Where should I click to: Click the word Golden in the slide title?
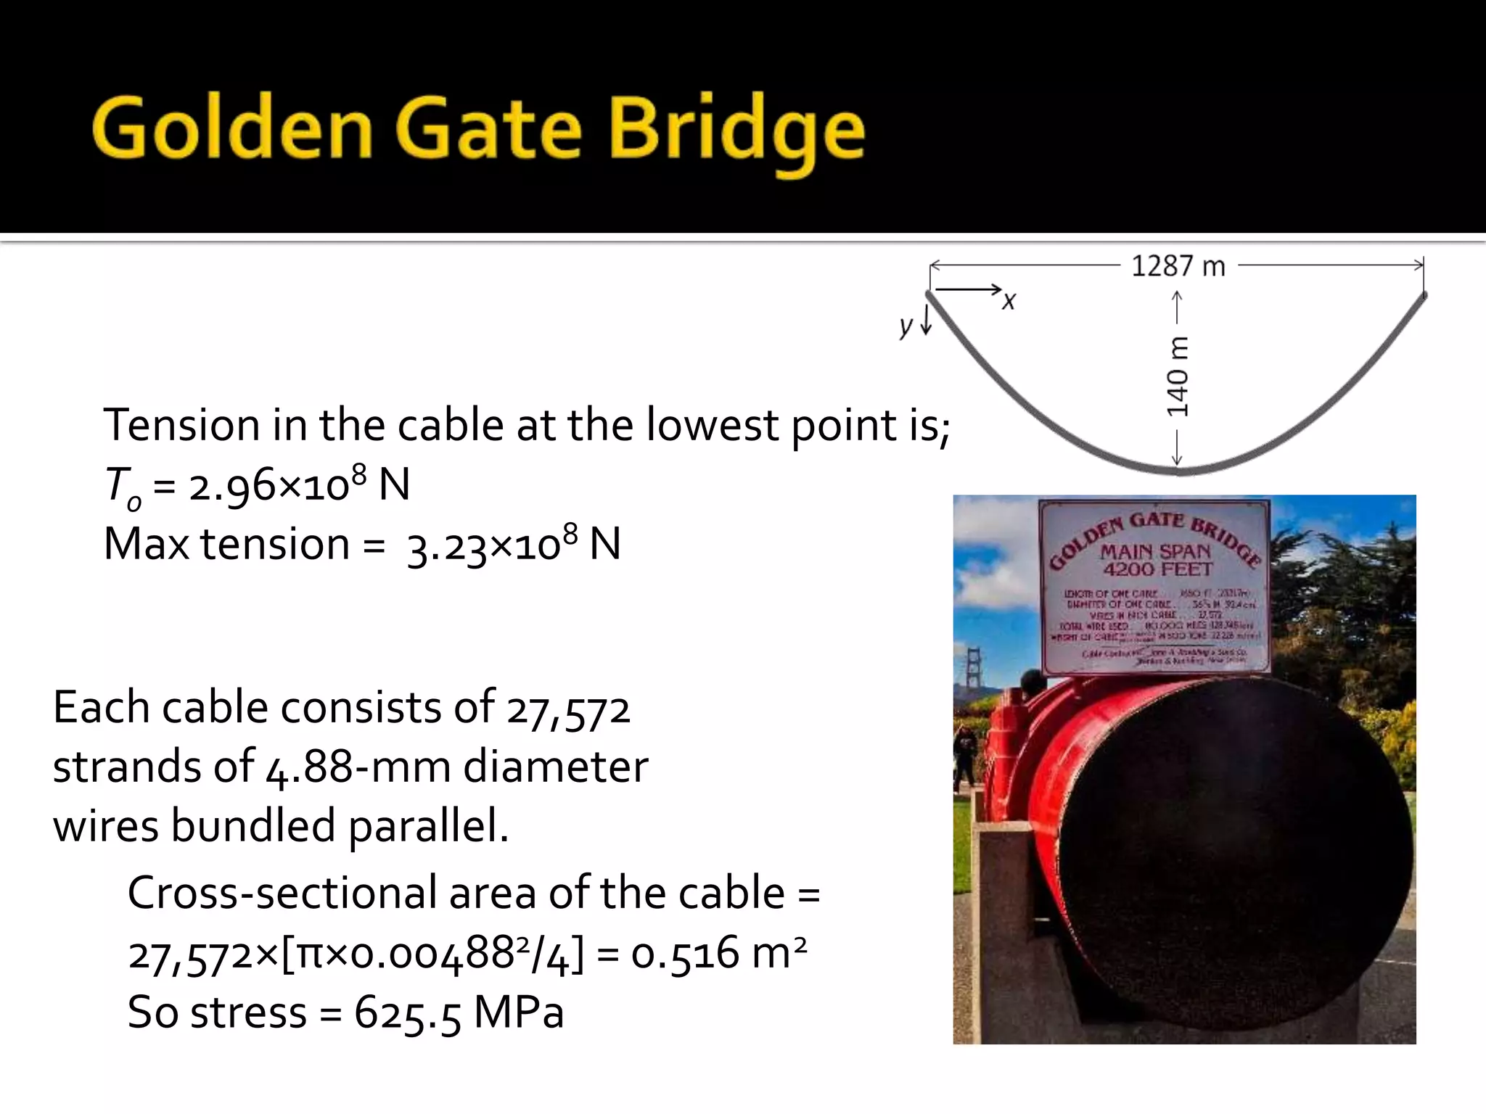tap(232, 129)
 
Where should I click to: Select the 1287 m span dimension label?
tap(1178, 267)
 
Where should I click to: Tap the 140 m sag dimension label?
tap(1178, 376)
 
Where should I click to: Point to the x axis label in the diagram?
tap(1009, 300)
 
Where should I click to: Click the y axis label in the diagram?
tap(905, 326)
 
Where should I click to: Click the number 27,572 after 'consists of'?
tap(568, 709)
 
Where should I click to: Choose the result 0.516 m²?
tap(718, 953)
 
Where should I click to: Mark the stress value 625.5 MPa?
tap(459, 1012)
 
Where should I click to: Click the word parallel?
tap(429, 828)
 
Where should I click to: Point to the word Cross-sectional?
tap(282, 893)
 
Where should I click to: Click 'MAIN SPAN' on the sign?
tap(1155, 552)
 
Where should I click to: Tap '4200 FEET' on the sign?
tap(1157, 570)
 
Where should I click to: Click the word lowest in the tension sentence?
tap(712, 425)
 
